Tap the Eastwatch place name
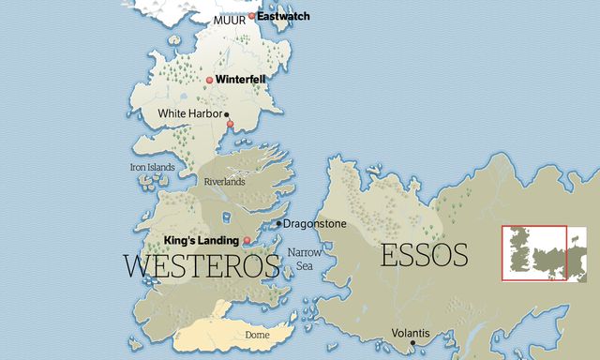tap(284, 17)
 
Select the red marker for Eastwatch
tap(252, 17)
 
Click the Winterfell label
tap(241, 80)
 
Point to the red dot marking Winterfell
tap(210, 80)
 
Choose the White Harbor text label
tap(189, 113)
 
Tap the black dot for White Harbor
tap(226, 114)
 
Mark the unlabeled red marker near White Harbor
tap(230, 124)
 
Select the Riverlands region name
tap(225, 182)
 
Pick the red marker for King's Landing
tap(247, 241)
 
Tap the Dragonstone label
tap(315, 224)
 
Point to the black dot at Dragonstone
tap(278, 224)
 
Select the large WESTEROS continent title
tap(202, 265)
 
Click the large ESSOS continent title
tap(424, 255)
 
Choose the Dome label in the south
tap(256, 335)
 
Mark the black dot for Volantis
tap(412, 344)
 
